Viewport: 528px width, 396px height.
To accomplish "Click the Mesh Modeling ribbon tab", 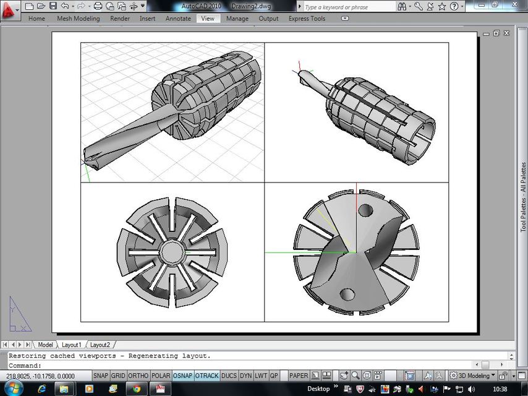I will pyautogui.click(x=78, y=19).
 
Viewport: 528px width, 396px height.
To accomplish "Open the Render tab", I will pyautogui.click(x=120, y=19).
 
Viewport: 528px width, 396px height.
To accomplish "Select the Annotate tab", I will pyautogui.click(x=178, y=19).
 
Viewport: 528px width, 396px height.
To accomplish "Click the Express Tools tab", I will pyautogui.click(x=307, y=19).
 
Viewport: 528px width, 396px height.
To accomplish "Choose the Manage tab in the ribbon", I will pyautogui.click(x=237, y=19).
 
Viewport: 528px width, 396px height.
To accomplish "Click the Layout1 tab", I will pyautogui.click(x=71, y=345).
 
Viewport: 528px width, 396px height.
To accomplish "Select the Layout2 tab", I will pyautogui.click(x=100, y=345).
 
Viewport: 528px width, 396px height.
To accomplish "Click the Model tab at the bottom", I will pyautogui.click(x=45, y=345).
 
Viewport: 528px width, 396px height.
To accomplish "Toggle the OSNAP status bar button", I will pyautogui.click(x=183, y=376).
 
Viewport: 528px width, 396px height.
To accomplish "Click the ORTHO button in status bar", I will pyautogui.click(x=138, y=376).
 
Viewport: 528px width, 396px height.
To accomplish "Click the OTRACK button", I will pyautogui.click(x=207, y=376).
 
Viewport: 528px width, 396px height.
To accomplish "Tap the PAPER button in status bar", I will pyautogui.click(x=299, y=376).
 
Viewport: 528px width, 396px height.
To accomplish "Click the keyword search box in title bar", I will pyautogui.click(x=346, y=7).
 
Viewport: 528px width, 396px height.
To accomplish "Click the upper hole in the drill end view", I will pyautogui.click(x=365, y=210).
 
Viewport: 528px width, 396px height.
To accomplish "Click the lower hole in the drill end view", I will pyautogui.click(x=347, y=295).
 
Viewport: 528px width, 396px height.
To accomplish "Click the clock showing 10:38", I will pyautogui.click(x=500, y=389).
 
